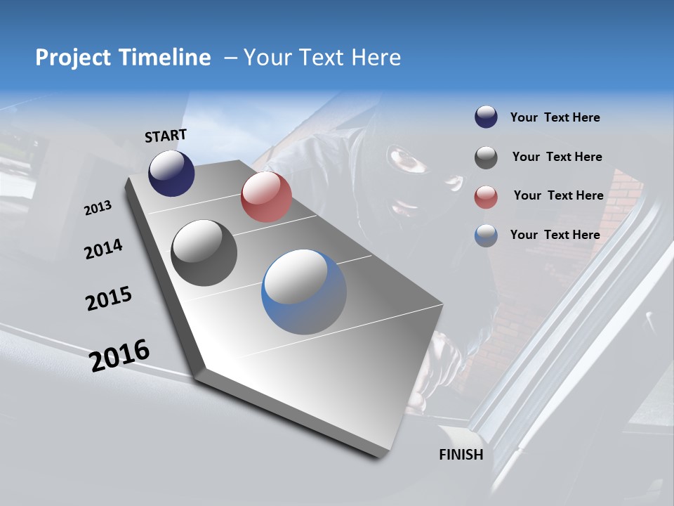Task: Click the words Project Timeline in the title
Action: (123, 58)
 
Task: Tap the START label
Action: (166, 136)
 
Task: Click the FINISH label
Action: (461, 454)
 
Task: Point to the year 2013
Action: (98, 207)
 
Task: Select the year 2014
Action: (103, 249)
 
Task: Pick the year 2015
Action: (108, 298)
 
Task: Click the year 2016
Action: (119, 356)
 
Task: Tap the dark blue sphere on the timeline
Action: (171, 173)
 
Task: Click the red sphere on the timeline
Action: (266, 197)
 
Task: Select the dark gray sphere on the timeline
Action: (204, 253)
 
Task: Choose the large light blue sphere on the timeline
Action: (304, 292)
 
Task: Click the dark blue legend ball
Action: (486, 117)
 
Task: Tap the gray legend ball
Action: (486, 157)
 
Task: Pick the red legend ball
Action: (486, 196)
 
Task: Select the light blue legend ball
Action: (486, 235)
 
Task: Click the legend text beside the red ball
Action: (558, 195)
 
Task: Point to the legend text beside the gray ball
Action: (557, 157)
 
